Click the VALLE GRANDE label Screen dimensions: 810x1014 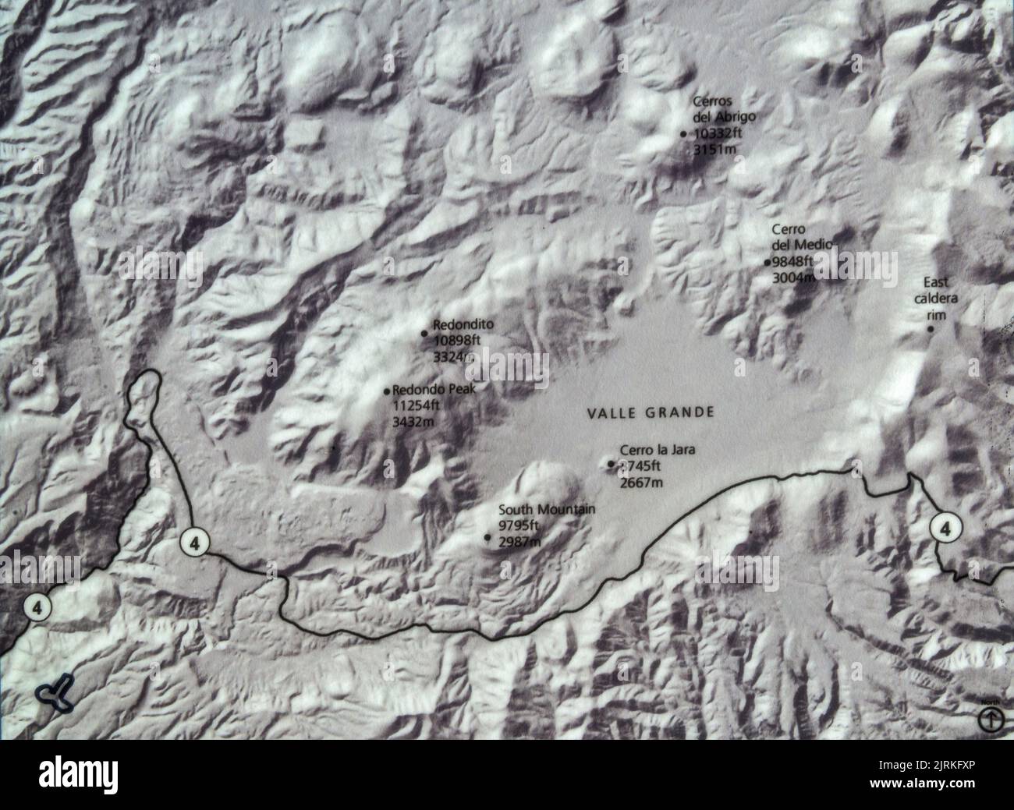650,412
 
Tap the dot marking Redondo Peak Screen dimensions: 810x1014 387,391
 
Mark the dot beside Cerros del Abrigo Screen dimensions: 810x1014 683,133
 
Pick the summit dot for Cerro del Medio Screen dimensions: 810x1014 767,262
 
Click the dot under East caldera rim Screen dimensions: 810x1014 930,329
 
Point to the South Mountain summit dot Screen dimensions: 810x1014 487,537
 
